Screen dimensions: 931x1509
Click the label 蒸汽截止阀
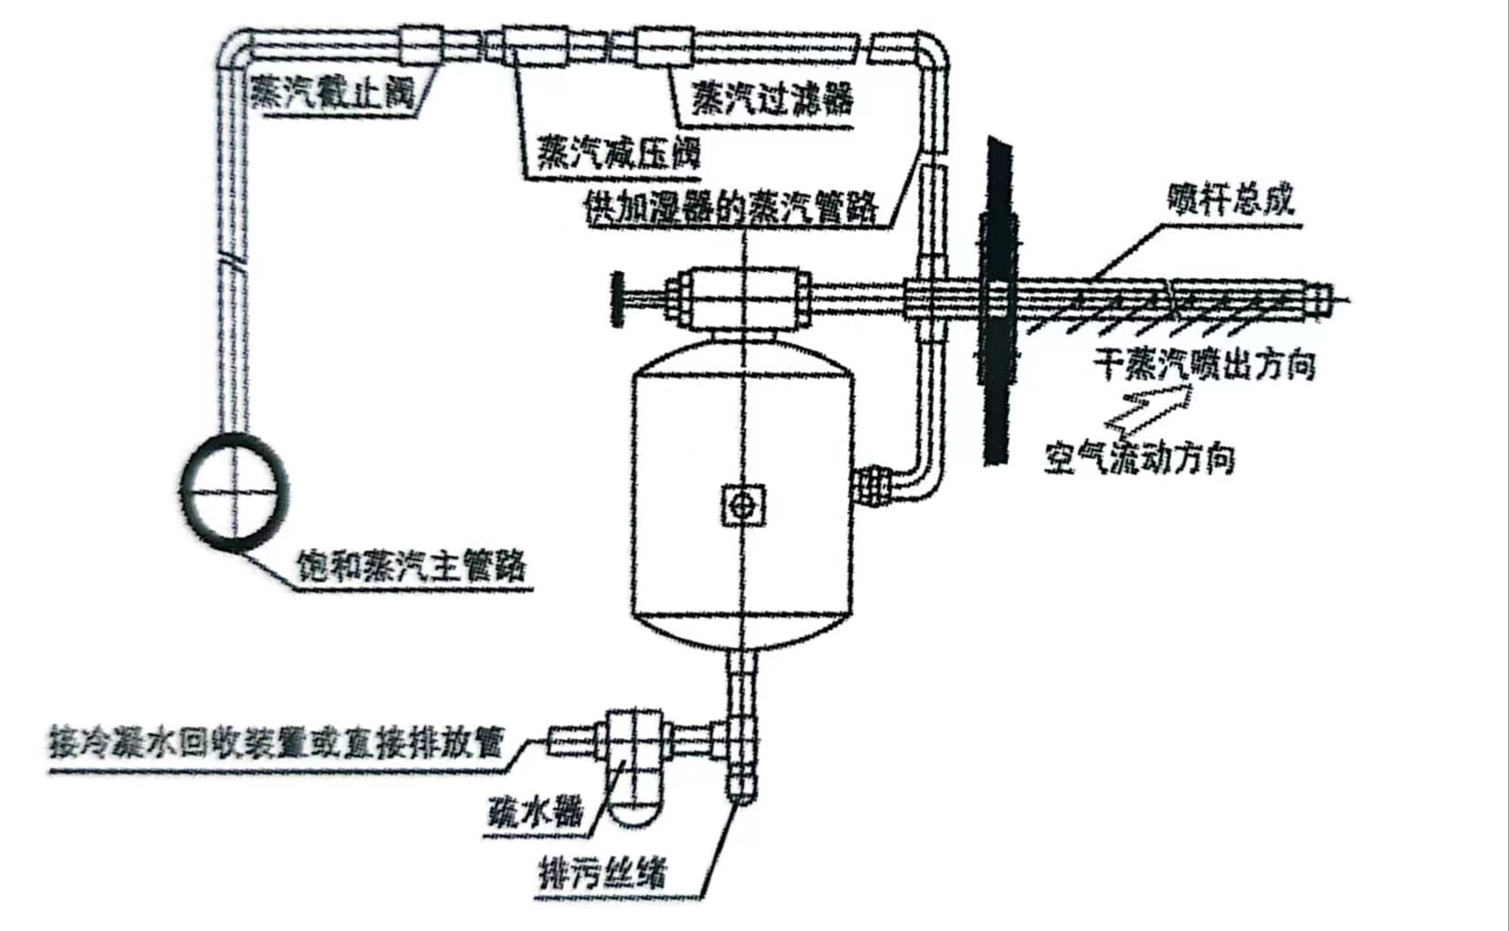coord(333,91)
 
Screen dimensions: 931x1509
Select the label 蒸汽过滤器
coord(772,98)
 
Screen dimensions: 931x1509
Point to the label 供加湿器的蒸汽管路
coord(730,208)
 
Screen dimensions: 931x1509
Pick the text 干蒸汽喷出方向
coord(1205,364)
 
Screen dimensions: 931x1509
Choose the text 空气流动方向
coord(1139,457)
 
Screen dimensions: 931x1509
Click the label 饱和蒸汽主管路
coord(412,566)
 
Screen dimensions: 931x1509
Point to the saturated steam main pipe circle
coord(235,493)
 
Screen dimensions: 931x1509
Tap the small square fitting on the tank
coord(743,505)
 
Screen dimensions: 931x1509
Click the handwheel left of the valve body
coord(616,298)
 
